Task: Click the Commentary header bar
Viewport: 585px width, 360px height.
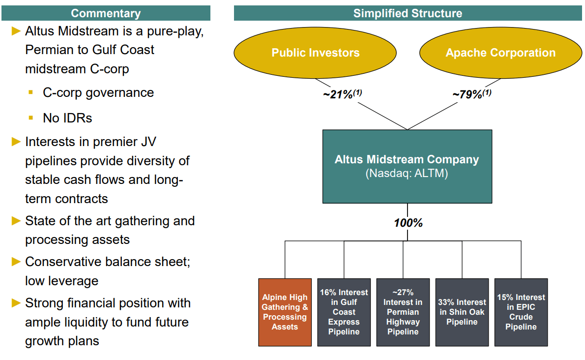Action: [x=106, y=13]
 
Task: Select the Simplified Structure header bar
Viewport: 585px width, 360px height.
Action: [x=408, y=13]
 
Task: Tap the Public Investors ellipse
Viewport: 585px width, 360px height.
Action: [x=315, y=53]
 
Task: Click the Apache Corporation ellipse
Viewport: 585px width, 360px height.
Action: [x=500, y=53]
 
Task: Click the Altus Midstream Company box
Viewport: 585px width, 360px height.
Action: [x=407, y=160]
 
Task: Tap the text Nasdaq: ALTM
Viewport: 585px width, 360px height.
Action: [x=407, y=174]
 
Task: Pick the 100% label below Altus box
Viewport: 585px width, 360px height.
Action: [x=408, y=223]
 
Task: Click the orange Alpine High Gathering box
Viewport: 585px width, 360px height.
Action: [x=285, y=312]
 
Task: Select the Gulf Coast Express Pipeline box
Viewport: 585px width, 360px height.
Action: [x=344, y=312]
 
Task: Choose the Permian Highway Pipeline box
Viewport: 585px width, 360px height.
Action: [x=403, y=312]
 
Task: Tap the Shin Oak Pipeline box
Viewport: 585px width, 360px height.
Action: [x=462, y=312]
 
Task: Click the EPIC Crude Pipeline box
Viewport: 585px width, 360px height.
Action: [x=521, y=312]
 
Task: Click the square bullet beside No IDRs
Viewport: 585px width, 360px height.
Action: [x=31, y=118]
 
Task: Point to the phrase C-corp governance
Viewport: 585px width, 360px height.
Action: [x=98, y=92]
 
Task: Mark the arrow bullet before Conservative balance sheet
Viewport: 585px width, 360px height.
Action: [x=16, y=262]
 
